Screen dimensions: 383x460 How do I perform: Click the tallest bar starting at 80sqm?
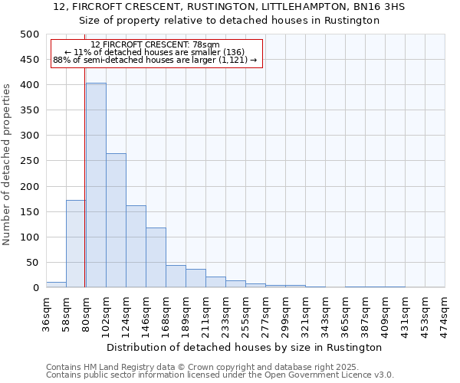point(96,185)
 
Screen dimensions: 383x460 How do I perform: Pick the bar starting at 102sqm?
point(116,221)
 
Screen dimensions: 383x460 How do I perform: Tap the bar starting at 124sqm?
point(136,247)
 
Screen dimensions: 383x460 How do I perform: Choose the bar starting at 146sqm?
point(156,257)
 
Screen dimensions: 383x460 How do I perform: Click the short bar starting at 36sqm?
point(56,284)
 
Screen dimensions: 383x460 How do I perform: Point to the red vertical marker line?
point(84,191)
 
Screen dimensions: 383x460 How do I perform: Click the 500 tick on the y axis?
point(29,34)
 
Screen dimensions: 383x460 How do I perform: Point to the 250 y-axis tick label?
point(29,161)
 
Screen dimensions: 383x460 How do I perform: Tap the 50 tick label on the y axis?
point(32,263)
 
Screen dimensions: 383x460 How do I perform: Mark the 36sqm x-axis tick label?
point(47,311)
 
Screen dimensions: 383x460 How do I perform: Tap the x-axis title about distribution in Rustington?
point(245,347)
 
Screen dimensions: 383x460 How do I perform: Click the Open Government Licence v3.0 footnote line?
point(220,375)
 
